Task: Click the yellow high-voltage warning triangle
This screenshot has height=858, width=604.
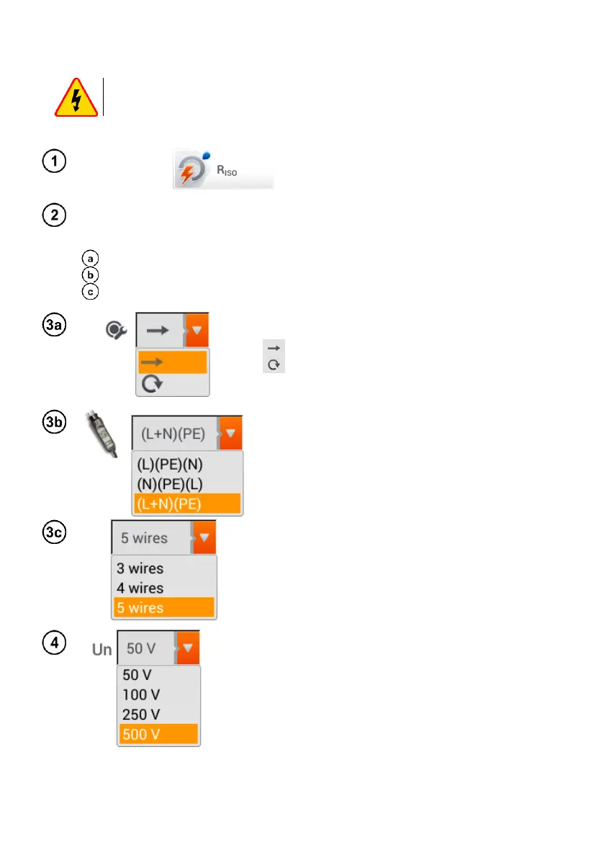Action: point(76,98)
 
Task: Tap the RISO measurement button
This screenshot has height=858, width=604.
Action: point(223,171)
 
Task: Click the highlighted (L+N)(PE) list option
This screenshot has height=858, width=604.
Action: point(186,504)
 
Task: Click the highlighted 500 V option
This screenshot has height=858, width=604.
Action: point(158,735)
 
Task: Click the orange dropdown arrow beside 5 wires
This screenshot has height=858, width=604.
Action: point(204,537)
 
